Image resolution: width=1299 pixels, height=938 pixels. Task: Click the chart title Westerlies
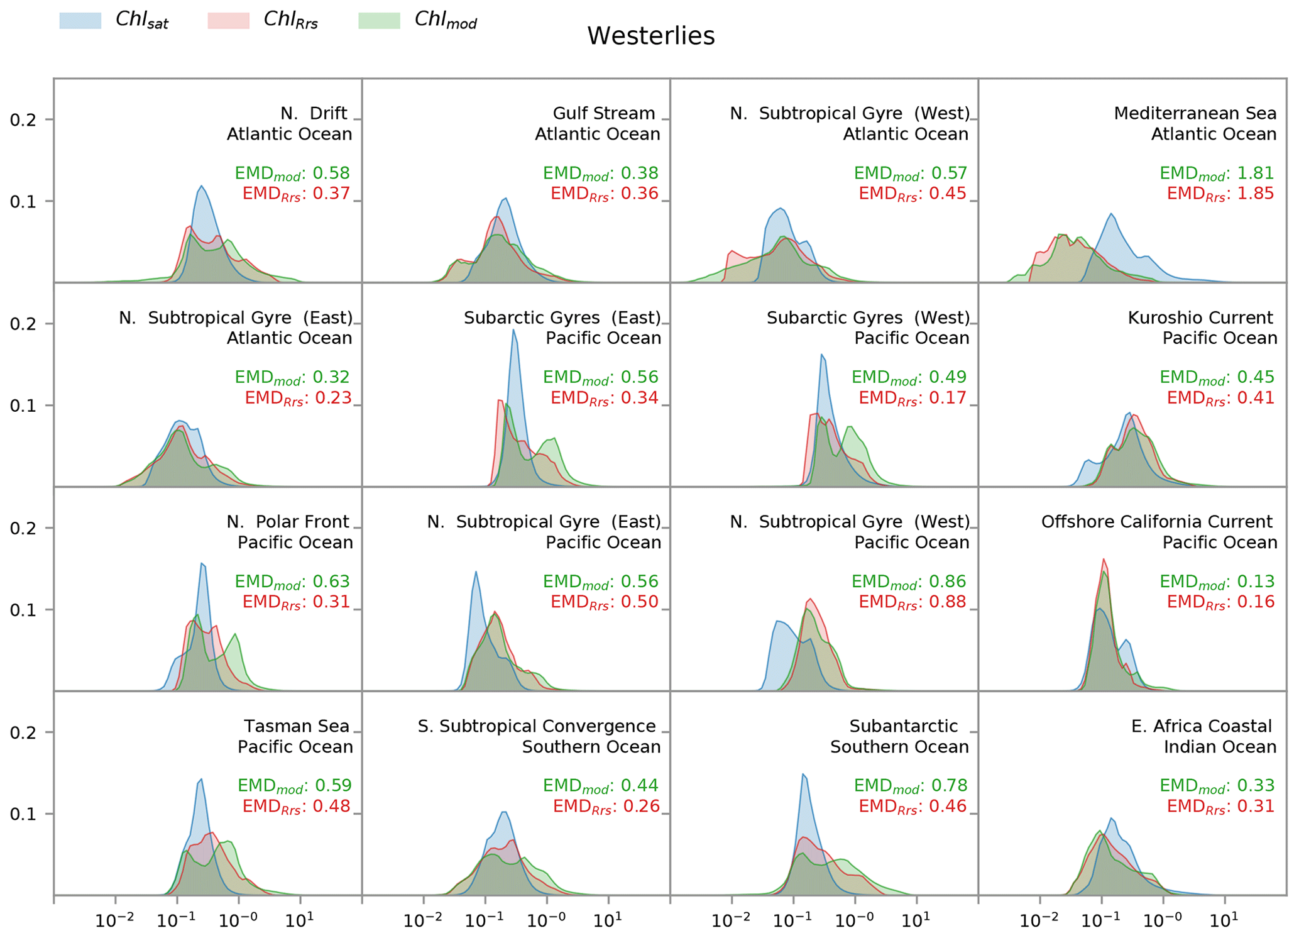click(x=650, y=36)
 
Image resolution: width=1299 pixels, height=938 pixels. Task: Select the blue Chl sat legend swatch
click(x=80, y=21)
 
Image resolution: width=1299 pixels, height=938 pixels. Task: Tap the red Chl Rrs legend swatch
click(x=228, y=21)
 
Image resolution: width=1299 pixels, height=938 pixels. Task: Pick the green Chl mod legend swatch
click(x=379, y=21)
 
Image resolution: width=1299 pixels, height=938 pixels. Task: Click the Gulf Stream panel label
click(x=603, y=114)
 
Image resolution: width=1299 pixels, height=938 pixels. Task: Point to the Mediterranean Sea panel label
click(x=1195, y=114)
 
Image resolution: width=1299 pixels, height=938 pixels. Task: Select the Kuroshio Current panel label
click(x=1200, y=318)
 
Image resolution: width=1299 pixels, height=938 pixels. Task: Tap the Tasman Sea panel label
click(x=296, y=727)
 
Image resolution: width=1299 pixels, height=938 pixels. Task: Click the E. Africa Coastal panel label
click(x=1201, y=727)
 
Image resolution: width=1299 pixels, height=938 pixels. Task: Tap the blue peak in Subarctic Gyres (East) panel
click(x=513, y=331)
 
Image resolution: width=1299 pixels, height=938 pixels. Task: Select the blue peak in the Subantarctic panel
click(x=803, y=775)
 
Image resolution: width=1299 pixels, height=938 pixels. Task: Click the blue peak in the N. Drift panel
click(x=201, y=186)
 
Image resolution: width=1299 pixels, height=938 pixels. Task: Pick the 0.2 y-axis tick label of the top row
click(x=23, y=119)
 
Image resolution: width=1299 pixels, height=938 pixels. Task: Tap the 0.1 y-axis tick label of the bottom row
click(x=23, y=814)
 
